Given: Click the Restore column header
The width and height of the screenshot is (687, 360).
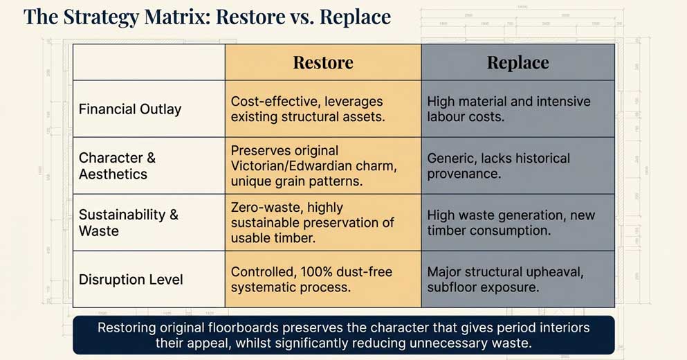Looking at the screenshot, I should pyautogui.click(x=322, y=62).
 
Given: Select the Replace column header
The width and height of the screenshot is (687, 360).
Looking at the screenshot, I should pyautogui.click(x=517, y=62).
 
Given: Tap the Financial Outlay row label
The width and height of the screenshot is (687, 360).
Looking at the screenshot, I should pyautogui.click(x=130, y=109).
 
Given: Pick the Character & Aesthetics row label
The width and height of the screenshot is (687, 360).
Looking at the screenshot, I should pyautogui.click(x=117, y=165).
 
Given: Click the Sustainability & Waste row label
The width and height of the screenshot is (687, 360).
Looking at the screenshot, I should pyautogui.click(x=128, y=222).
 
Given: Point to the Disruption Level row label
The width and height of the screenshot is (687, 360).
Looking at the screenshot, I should pyautogui.click(x=131, y=279).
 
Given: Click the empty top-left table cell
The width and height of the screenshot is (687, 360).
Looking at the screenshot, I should pyautogui.click(x=149, y=62).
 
